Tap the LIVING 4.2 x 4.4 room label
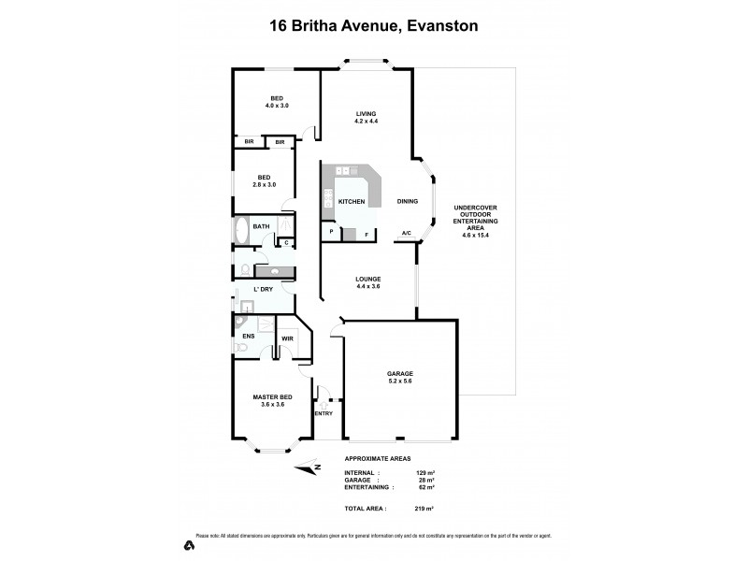tap(366, 118)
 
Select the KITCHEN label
tap(352, 201)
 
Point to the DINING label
tap(408, 201)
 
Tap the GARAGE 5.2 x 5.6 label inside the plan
tap(400, 378)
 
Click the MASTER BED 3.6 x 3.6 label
tap(273, 401)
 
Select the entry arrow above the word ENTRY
tap(324, 397)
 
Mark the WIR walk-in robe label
tap(288, 338)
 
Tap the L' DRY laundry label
tap(264, 290)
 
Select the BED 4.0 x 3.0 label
tap(277, 102)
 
